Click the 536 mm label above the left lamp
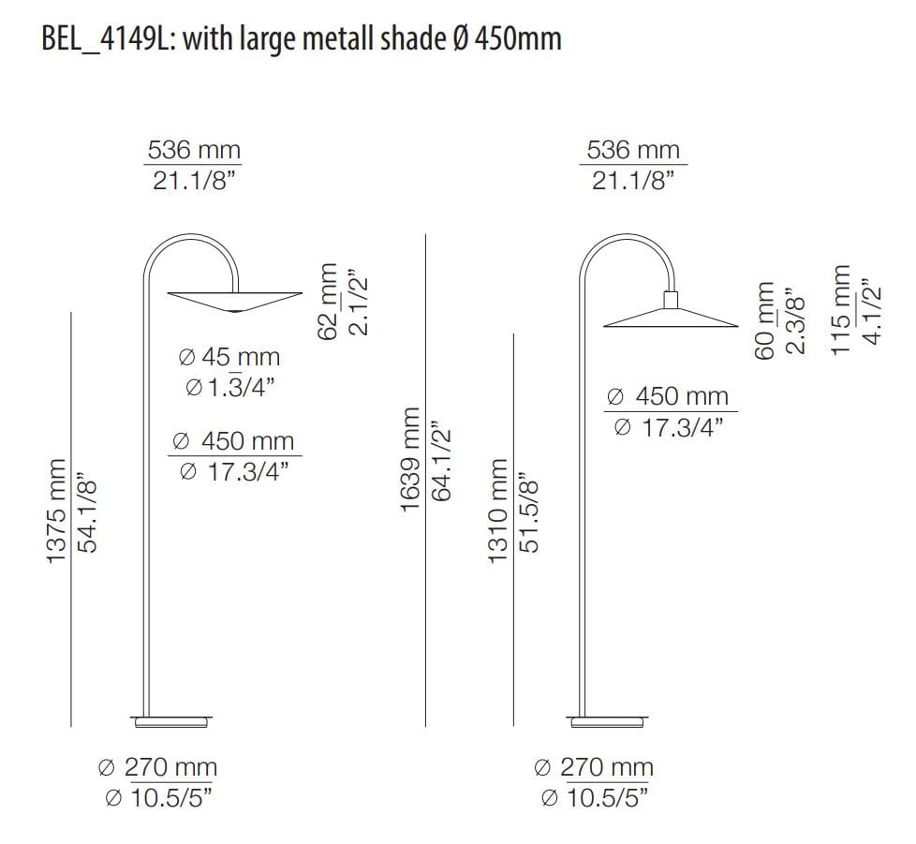pos(194,150)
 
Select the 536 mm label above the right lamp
pos(633,150)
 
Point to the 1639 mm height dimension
pos(409,460)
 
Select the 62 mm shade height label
pos(327,302)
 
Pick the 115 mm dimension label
pos(841,308)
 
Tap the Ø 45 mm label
pos(229,357)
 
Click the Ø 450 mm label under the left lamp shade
pos(234,441)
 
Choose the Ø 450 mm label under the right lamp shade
pos(669,396)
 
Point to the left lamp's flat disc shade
pos(234,301)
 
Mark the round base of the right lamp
pos(607,721)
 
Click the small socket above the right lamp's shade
pos(670,299)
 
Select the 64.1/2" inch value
pos(441,460)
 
